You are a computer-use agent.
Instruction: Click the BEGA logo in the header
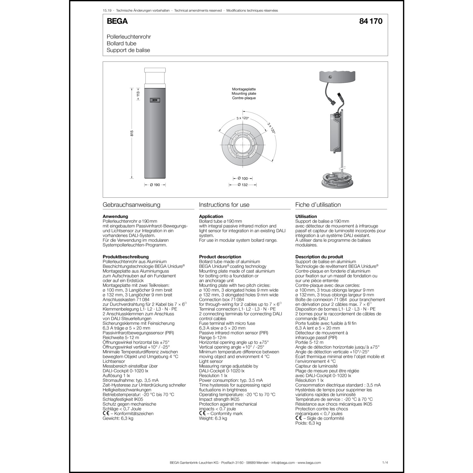point(117,21)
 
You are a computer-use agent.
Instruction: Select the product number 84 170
point(371,21)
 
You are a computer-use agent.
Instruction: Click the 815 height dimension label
point(132,133)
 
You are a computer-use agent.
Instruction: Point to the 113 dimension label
point(138,94)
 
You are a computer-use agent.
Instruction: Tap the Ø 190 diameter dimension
point(155,185)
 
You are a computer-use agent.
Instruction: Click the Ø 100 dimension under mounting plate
point(242,178)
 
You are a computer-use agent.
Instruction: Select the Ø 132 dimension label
point(242,185)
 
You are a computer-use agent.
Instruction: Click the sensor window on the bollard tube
point(155,100)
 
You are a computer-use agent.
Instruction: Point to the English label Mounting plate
point(244,94)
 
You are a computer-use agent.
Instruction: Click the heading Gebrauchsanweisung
point(131,205)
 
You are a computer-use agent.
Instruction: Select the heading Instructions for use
point(224,205)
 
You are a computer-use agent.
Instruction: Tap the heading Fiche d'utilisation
point(318,205)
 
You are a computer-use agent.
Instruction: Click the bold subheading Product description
point(220,257)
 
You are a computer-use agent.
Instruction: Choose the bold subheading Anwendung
point(115,216)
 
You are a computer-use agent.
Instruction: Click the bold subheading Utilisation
point(306,216)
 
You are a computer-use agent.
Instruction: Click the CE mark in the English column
point(202,413)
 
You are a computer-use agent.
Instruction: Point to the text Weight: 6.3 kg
point(213,418)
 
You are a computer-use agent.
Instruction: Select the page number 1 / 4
point(385,463)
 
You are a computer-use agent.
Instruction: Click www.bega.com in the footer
point(309,463)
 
